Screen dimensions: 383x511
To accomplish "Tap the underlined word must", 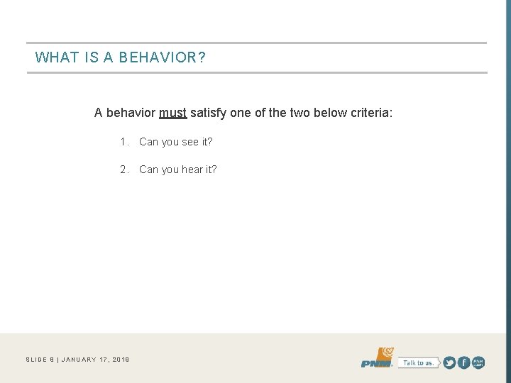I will click(173, 113).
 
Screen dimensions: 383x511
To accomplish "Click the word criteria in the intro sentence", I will click(367, 113).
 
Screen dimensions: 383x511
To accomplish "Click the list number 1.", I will click(123, 142).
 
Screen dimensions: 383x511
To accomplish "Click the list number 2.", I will click(123, 170).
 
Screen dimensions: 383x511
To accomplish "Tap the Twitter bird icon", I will click(449, 362).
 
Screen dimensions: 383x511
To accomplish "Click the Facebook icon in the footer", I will click(464, 362).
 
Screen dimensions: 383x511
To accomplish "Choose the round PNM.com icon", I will click(479, 362).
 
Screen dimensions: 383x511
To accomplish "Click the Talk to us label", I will click(417, 362).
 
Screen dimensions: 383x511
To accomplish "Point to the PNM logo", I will click(376, 359).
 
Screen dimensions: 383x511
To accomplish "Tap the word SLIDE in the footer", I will click(35, 360).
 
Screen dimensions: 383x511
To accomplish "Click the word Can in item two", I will click(149, 170).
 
